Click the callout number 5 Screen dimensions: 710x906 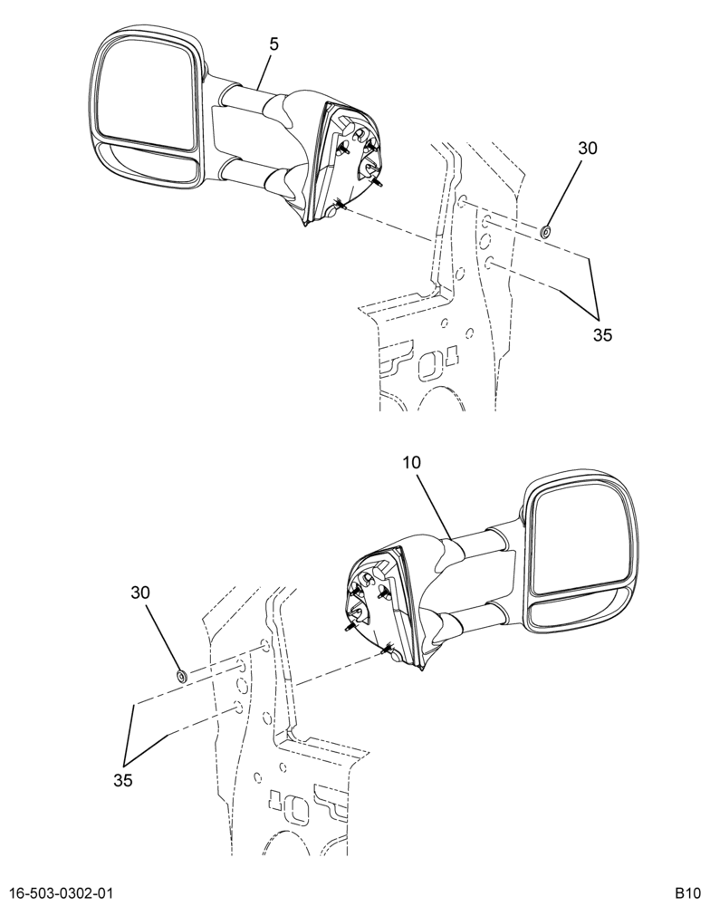(x=273, y=44)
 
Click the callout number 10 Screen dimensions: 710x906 (x=412, y=462)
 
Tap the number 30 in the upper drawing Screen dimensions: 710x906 (x=588, y=149)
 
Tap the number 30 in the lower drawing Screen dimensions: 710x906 (x=140, y=593)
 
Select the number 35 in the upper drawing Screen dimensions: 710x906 (x=602, y=335)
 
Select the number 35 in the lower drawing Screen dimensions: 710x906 (x=123, y=781)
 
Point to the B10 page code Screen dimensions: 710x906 (x=688, y=893)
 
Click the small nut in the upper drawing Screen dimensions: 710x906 (x=544, y=232)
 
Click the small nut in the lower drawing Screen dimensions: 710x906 (x=181, y=676)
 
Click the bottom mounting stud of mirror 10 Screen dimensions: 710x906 (x=387, y=649)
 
